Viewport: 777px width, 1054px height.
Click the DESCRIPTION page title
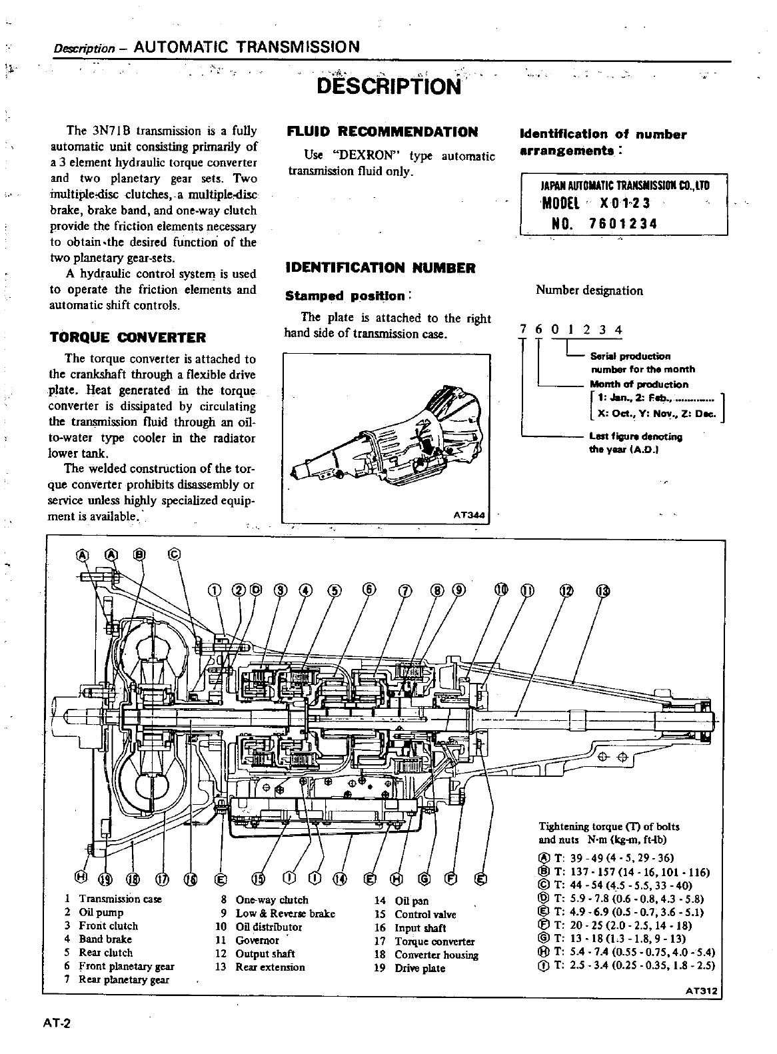pos(389,87)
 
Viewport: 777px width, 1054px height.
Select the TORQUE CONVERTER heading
pos(128,337)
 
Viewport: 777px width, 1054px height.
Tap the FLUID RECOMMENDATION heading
pos(382,131)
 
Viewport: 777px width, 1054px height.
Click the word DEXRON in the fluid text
pos(362,156)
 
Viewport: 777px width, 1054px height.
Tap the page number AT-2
pos(57,1024)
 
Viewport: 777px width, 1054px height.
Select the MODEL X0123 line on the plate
pos(596,203)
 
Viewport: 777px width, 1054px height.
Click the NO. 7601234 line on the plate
pos(604,224)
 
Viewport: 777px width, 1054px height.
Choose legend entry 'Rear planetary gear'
pos(124,979)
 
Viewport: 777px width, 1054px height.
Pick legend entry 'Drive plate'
pos(420,968)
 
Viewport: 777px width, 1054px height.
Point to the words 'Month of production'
pos(639,384)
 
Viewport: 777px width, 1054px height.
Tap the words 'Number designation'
pos(589,290)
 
